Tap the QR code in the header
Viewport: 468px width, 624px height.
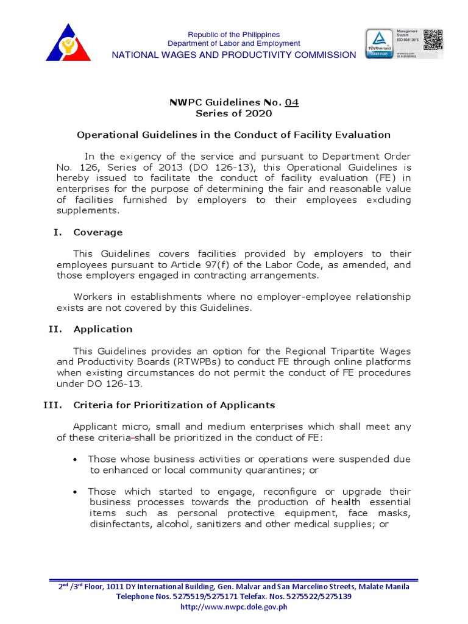[433, 40]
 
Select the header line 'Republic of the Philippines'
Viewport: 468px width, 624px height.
[233, 34]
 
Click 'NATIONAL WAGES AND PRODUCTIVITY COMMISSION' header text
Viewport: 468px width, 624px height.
[233, 55]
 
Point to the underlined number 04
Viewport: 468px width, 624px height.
[292, 102]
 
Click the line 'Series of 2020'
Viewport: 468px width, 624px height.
[233, 113]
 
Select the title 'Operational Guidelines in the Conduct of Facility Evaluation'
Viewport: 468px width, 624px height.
[233, 135]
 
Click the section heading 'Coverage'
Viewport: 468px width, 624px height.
[97, 232]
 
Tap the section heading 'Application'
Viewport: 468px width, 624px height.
[102, 329]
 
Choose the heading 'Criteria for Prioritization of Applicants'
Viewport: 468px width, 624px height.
[174, 405]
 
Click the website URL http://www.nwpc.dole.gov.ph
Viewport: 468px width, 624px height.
[233, 606]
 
